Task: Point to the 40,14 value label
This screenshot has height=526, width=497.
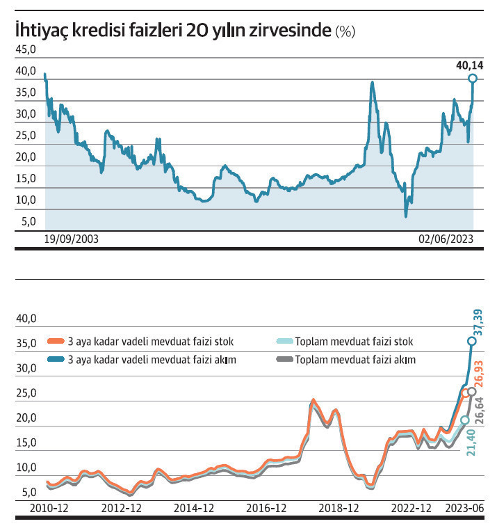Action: point(469,66)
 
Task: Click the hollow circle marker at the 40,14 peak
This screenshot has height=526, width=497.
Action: point(473,79)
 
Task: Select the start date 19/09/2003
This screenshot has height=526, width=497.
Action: point(71,239)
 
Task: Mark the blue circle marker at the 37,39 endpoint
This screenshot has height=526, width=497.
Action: point(471,341)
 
